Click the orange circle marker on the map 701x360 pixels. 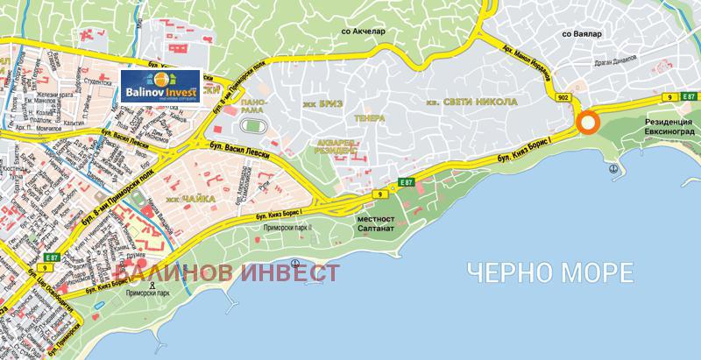coord(588,123)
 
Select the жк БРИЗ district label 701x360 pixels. coord(319,103)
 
